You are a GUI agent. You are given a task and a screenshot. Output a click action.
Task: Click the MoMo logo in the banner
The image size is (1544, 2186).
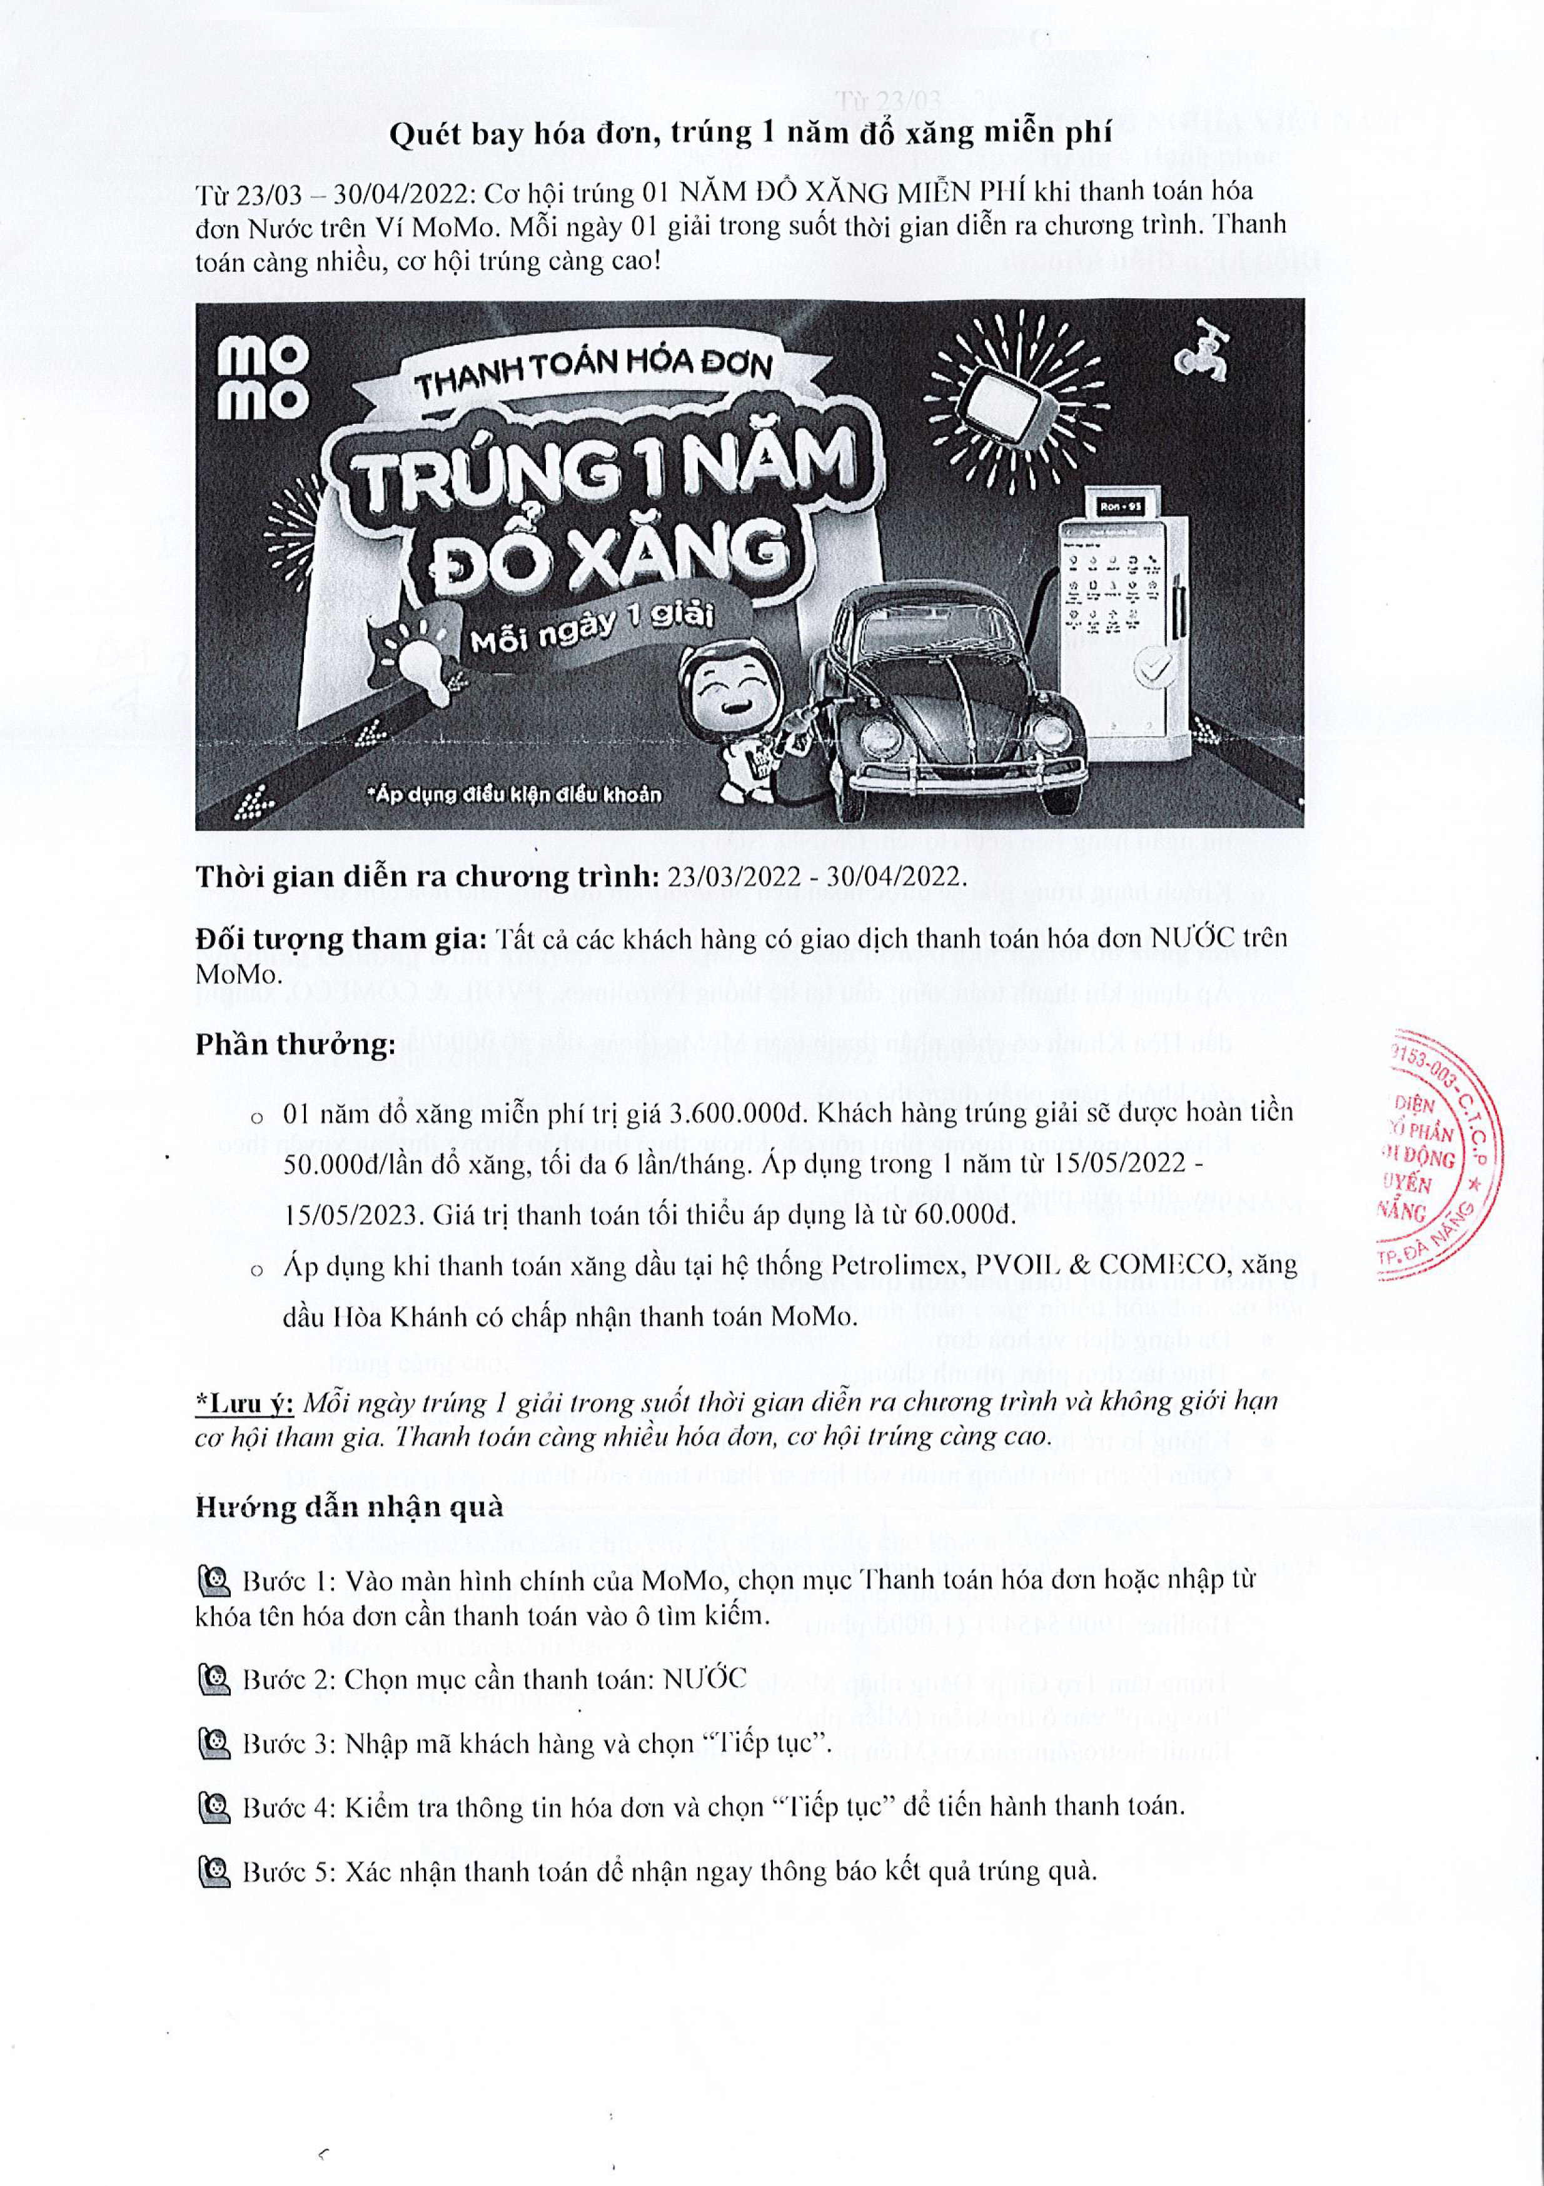[263, 381]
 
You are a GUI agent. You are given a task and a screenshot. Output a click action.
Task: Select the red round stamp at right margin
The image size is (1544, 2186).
[1438, 1154]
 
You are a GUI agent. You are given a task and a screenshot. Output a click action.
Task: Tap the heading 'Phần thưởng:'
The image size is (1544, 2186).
[295, 1045]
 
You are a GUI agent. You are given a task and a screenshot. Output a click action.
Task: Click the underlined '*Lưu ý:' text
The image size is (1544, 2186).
[245, 1403]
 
